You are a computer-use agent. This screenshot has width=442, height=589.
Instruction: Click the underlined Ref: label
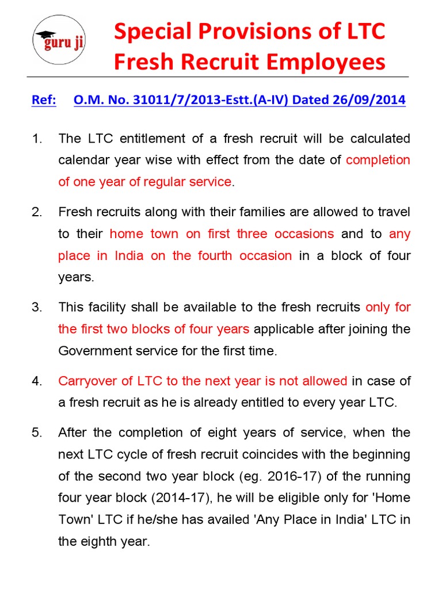[44, 101]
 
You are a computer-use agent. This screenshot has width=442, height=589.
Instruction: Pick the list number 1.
[36, 139]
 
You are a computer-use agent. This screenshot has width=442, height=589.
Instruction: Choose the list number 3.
[36, 307]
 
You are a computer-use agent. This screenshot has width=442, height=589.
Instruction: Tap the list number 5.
[36, 433]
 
